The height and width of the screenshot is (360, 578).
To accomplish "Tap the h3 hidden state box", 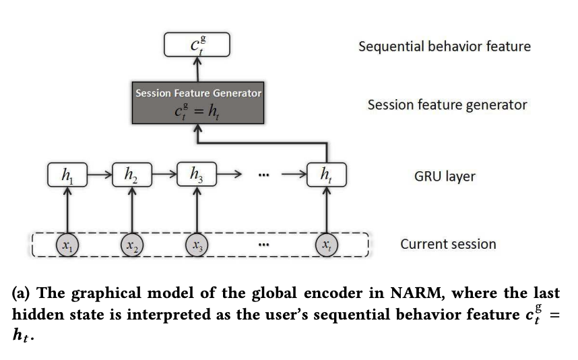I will click(x=197, y=175).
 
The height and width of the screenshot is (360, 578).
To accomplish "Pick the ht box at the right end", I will click(x=327, y=175).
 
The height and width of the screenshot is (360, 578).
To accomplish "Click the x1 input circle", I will click(x=67, y=245).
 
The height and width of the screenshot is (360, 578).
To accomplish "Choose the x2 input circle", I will click(x=132, y=245).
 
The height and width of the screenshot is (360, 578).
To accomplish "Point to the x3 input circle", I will click(x=197, y=245).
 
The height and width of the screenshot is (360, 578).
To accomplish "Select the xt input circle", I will click(x=327, y=245).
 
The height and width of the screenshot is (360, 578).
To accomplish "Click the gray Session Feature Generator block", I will click(x=197, y=103).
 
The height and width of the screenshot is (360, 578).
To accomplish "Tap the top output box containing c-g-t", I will click(x=197, y=44).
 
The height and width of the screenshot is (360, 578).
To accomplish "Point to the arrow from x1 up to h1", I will click(x=67, y=210).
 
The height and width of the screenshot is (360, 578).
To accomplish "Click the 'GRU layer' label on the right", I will click(x=445, y=177).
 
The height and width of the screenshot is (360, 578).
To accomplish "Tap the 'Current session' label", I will click(x=448, y=244).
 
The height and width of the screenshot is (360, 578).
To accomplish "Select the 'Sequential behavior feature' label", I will click(x=444, y=47).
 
